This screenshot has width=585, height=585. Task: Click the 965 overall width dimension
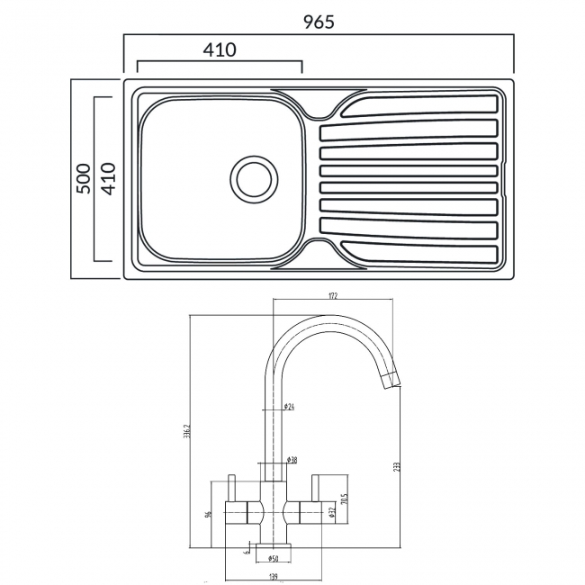tap(318, 22)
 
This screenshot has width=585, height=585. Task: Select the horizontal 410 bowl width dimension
tap(219, 49)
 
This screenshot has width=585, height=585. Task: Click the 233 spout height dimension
tap(396, 466)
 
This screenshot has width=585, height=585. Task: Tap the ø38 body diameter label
tap(292, 460)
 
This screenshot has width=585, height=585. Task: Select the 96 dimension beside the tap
tap(208, 514)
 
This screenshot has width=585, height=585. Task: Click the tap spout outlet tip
tap(392, 382)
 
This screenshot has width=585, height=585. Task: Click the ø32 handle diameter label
tap(330, 512)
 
